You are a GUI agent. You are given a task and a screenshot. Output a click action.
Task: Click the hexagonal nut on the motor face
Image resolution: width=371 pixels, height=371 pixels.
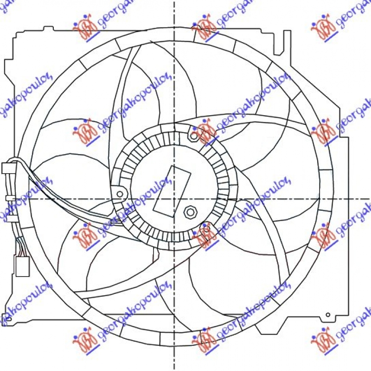pyautogui.click(x=190, y=212)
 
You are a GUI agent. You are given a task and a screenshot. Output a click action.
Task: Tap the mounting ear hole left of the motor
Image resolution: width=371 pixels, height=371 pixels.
pyautogui.click(x=120, y=194)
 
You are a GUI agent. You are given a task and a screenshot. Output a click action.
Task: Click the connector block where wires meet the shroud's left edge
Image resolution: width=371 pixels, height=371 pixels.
pyautogui.click(x=8, y=168)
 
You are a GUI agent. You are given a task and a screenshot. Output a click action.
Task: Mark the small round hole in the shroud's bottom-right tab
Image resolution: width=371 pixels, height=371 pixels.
pyautogui.click(x=328, y=315)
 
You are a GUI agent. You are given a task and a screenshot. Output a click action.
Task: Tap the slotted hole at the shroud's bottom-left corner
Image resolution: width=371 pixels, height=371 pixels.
pyautogui.click(x=6, y=319)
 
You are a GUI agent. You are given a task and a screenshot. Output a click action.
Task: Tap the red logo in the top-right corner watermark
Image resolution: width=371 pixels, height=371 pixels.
pyautogui.click(x=322, y=29)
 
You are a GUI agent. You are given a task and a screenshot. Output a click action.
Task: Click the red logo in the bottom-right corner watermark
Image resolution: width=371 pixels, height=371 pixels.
pyautogui.click(x=322, y=335)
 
